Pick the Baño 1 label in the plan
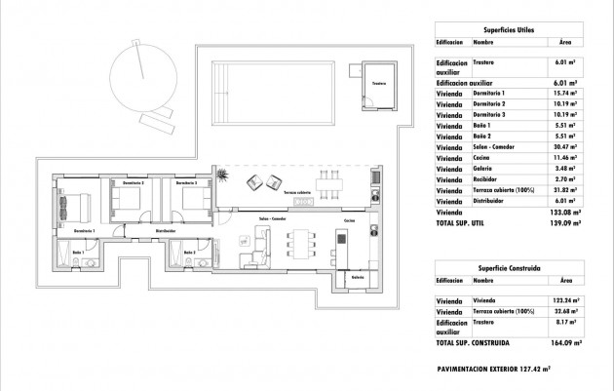(x=78, y=253)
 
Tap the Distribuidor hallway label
(x=138, y=231)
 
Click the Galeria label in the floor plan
(x=357, y=276)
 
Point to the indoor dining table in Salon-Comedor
(x=301, y=240)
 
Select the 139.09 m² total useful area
(x=565, y=222)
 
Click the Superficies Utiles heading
(x=509, y=29)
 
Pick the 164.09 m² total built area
(x=565, y=344)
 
